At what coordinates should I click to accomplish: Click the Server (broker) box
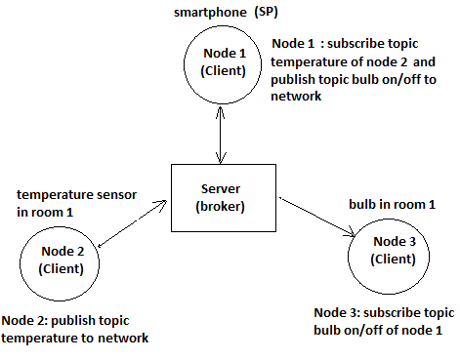[225, 198]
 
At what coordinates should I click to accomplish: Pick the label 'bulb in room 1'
[390, 206]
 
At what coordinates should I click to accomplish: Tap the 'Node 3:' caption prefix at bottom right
[337, 312]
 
